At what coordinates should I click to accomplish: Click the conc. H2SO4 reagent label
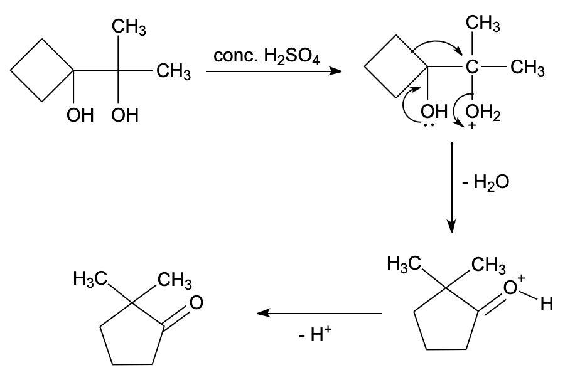(266, 57)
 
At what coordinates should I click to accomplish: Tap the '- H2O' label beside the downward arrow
(483, 183)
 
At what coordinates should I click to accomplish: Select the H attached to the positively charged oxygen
(546, 306)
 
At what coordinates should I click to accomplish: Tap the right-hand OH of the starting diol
(126, 116)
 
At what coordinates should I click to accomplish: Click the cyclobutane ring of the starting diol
(43, 70)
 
